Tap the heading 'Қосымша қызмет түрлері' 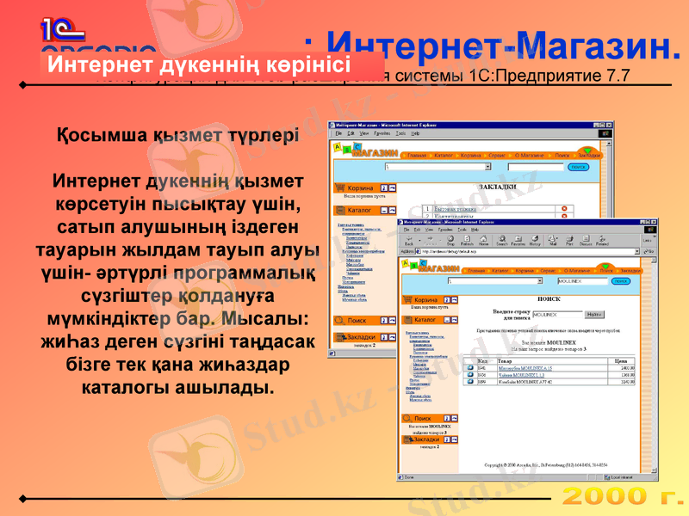[x=177, y=135]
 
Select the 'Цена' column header [x=624, y=361]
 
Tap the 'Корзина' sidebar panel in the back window [x=359, y=187]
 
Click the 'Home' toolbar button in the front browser [x=483, y=242]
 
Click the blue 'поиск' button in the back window [x=578, y=166]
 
